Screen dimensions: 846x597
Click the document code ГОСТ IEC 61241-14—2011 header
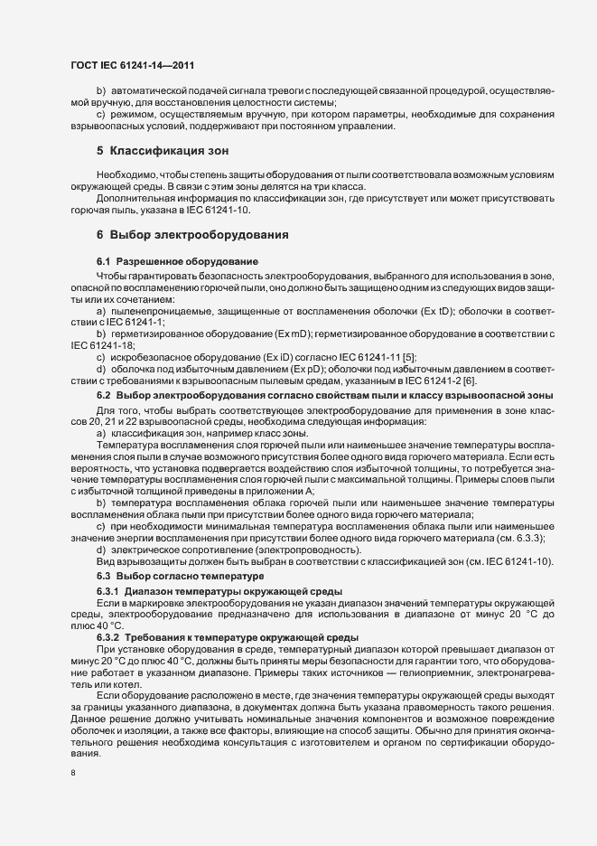click(x=131, y=65)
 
